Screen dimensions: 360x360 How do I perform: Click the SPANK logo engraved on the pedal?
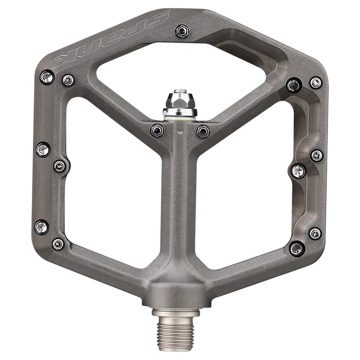click(112, 40)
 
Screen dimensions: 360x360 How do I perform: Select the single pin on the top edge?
click(183, 31)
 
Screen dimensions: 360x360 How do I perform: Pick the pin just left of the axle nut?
click(157, 130)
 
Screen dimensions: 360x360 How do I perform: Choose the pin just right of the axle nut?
click(203, 131)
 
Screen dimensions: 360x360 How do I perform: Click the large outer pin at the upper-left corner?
click(48, 77)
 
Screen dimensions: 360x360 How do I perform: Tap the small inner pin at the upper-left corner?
click(68, 80)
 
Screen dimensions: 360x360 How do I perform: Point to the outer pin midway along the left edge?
click(43, 150)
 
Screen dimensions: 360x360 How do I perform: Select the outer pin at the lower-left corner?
click(42, 227)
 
